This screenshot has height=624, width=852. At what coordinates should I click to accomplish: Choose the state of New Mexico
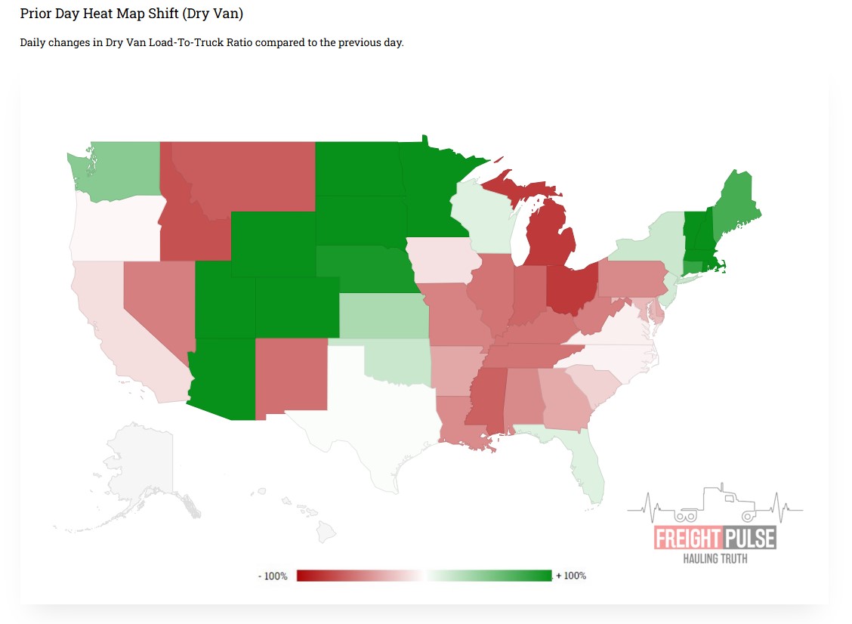(x=291, y=374)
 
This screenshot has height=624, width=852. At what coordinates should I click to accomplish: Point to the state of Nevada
(x=155, y=302)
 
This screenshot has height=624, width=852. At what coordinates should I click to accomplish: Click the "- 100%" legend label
(x=273, y=576)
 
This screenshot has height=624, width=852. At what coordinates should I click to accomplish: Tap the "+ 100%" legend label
(x=571, y=576)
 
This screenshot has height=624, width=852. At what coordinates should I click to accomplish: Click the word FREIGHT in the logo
(x=687, y=539)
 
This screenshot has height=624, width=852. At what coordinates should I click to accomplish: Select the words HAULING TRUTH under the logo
(x=715, y=559)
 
